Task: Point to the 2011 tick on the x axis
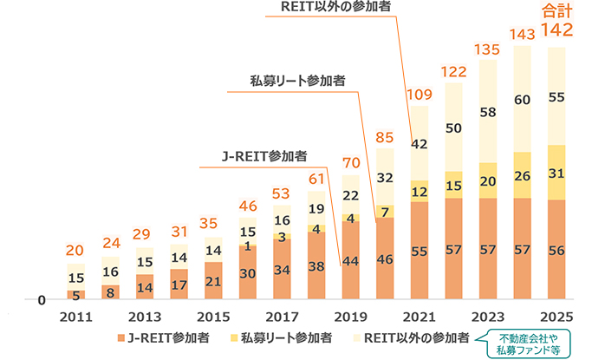[76, 317]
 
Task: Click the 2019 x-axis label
[351, 317]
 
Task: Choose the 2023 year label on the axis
[488, 317]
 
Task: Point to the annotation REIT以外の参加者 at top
[335, 8]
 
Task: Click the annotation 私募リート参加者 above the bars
[296, 80]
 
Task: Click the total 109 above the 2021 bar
[420, 94]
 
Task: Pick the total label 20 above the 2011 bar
[76, 251]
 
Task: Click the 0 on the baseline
[41, 300]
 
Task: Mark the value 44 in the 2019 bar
[351, 260]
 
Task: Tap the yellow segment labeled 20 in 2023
[488, 180]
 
